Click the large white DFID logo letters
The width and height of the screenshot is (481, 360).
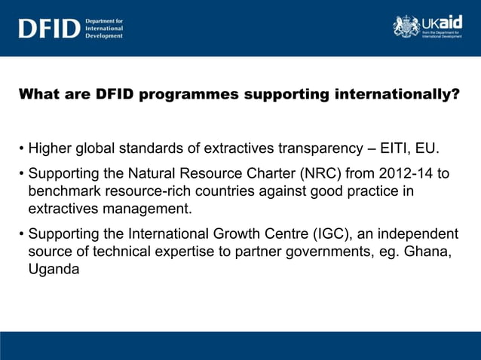coord(49,29)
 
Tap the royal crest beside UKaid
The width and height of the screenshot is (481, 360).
coord(406,26)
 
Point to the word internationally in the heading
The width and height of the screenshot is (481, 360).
coord(390,95)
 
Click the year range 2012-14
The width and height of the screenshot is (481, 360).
coord(400,174)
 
